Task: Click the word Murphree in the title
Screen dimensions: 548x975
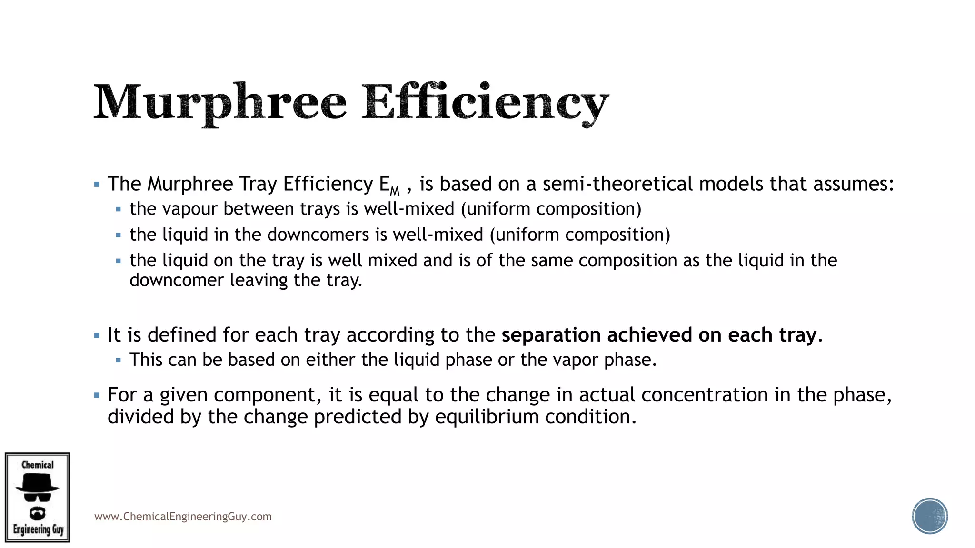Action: pos(219,103)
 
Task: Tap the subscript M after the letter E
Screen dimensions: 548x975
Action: pos(395,191)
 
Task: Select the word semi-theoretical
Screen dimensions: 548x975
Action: pos(617,184)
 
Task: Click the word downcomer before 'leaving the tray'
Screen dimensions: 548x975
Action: pos(177,280)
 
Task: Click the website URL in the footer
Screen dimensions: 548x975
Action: pos(183,517)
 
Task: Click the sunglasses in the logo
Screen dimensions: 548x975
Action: pos(37,497)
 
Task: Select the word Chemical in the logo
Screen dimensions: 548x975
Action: pos(38,465)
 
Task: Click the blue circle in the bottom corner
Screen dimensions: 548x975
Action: pos(930,516)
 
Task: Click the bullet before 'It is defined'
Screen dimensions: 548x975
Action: pos(97,335)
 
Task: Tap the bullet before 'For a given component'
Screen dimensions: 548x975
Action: pos(97,395)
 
